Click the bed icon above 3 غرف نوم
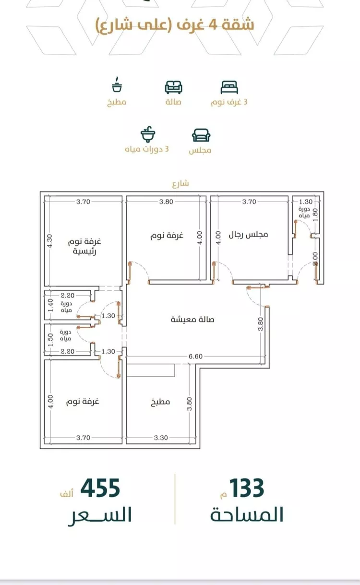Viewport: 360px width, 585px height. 229,87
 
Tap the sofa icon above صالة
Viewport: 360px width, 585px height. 173,87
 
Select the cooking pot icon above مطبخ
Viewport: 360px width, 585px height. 117,84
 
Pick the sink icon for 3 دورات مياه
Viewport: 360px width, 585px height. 148,134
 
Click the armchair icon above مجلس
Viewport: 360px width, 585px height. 201,135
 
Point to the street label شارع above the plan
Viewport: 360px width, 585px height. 180,184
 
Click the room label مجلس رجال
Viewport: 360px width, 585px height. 249,234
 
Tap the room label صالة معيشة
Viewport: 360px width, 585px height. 192,319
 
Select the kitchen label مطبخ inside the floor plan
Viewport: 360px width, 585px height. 160,402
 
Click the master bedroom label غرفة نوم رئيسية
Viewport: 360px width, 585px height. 84,246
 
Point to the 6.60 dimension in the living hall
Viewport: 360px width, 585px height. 196,356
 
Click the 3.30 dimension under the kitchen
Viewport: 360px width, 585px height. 161,438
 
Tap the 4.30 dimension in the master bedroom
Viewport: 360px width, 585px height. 49,241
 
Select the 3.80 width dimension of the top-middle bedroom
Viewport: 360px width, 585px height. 167,202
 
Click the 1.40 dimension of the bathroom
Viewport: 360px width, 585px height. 50,305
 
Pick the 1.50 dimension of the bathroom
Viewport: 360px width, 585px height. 50,339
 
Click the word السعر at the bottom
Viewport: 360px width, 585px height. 100,515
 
